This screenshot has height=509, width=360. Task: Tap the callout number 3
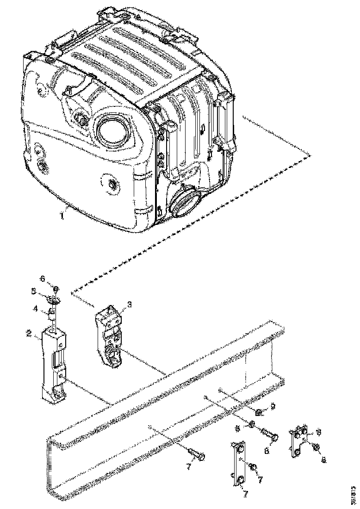click(x=129, y=304)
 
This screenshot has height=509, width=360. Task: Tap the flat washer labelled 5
click(x=55, y=300)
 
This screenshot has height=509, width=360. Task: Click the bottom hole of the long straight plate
click(x=241, y=480)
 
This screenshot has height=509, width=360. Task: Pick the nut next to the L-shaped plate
click(x=315, y=447)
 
